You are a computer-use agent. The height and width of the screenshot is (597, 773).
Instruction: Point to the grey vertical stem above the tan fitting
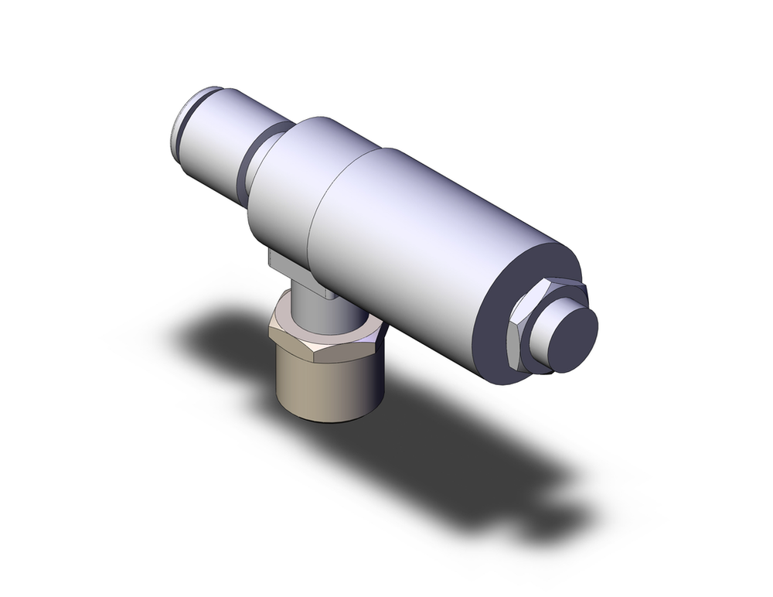pos(309,305)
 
